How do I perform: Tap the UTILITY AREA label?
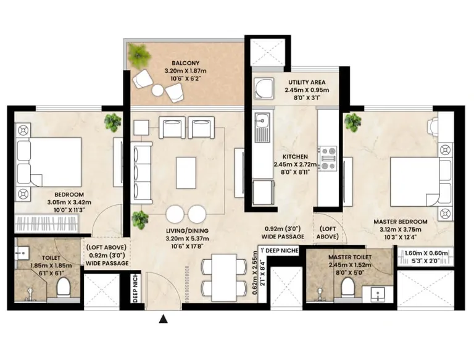(x=307, y=82)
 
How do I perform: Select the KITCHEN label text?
(x=295, y=157)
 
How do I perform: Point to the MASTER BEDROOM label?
(x=400, y=222)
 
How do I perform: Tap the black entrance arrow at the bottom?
(x=163, y=319)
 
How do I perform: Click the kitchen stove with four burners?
(x=326, y=157)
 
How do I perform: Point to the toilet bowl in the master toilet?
(x=347, y=285)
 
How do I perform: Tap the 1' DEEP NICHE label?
(x=281, y=250)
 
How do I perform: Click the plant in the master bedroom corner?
(x=354, y=122)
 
